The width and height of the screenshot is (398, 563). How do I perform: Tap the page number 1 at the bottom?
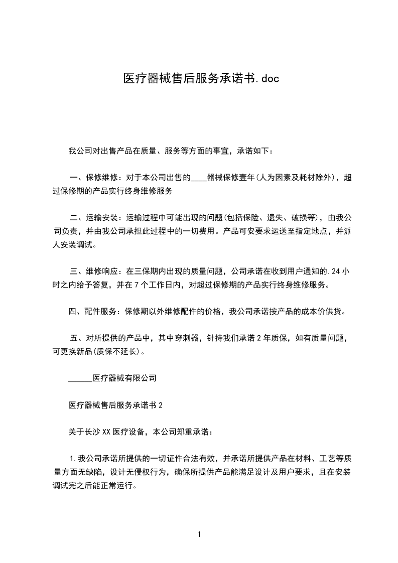(199, 534)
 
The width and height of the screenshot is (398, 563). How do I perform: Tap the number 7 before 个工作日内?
(144, 285)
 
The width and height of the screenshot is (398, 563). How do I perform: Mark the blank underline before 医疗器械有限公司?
(80, 378)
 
